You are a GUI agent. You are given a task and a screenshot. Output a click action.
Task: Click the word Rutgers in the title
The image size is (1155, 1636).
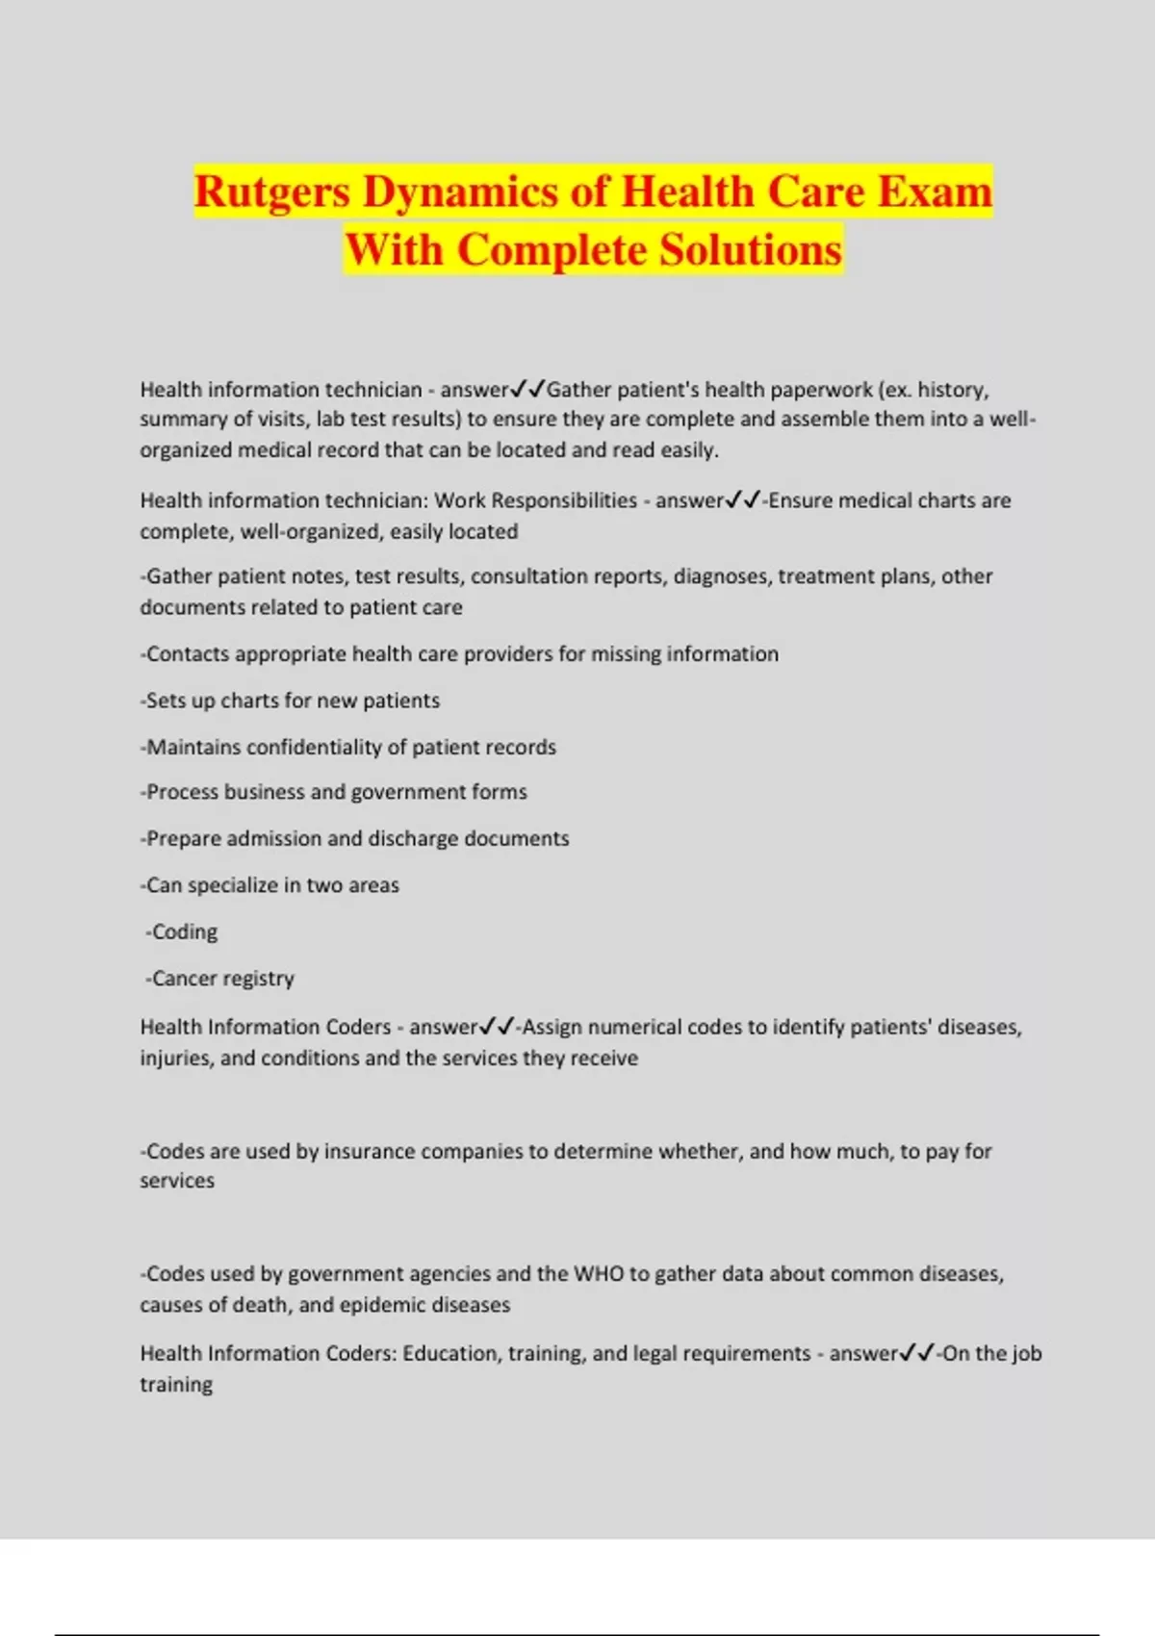pyautogui.click(x=272, y=192)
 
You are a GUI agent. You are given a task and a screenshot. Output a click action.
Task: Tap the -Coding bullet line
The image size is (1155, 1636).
pyautogui.click(x=182, y=933)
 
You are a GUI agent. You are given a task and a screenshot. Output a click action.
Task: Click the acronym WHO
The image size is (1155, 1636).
pyautogui.click(x=599, y=1274)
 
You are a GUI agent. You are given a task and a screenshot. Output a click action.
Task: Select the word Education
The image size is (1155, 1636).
pyautogui.click(x=448, y=1354)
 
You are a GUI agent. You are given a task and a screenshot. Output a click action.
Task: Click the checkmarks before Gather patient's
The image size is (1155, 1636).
pyautogui.click(x=527, y=390)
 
